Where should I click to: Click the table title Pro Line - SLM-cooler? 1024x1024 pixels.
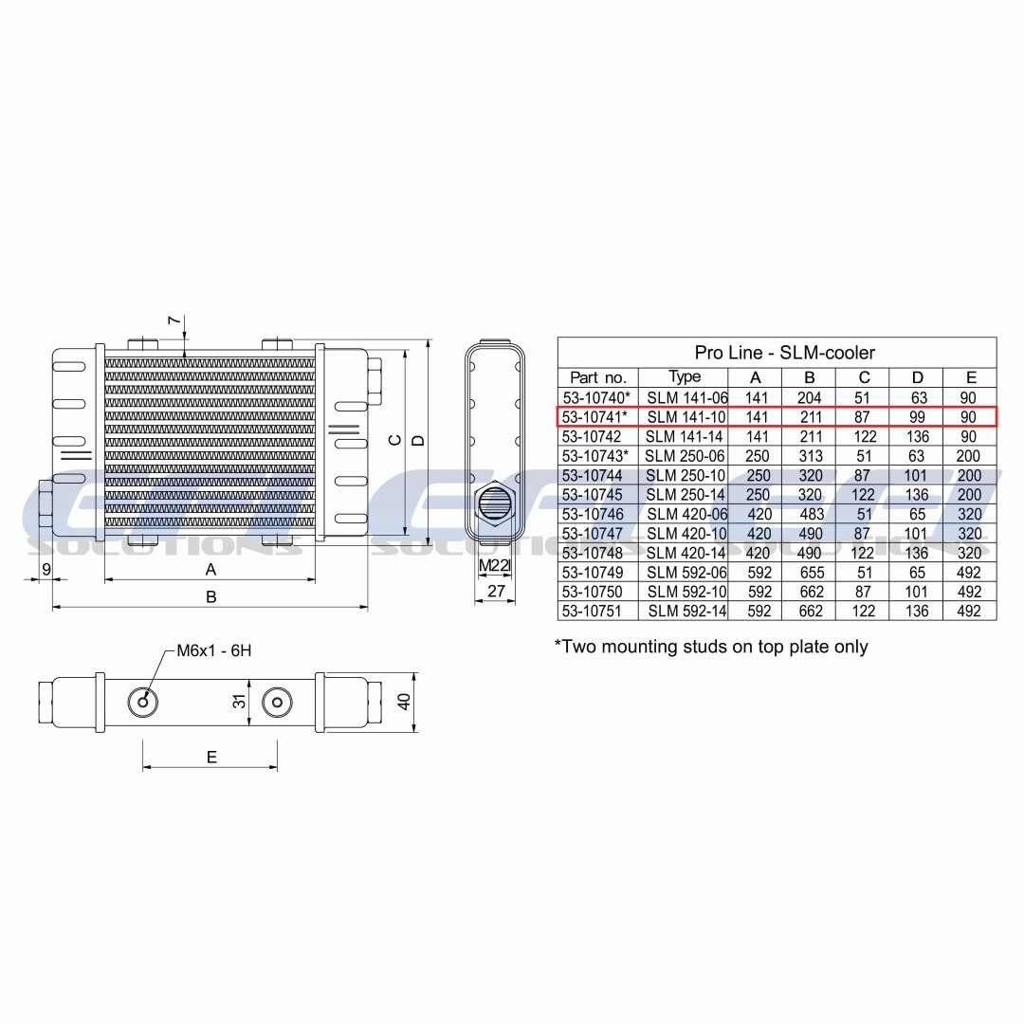click(x=784, y=353)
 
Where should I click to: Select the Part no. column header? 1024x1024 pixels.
click(x=598, y=377)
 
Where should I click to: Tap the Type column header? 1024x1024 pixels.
click(x=685, y=376)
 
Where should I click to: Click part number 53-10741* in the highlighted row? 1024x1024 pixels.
click(x=594, y=416)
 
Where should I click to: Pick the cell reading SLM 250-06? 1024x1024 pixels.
click(x=685, y=456)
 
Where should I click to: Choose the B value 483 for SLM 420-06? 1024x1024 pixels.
click(x=811, y=514)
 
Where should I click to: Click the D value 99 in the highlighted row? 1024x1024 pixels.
click(x=917, y=416)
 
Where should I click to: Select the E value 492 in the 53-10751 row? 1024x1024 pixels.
click(x=969, y=612)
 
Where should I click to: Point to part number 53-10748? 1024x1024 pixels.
click(x=593, y=553)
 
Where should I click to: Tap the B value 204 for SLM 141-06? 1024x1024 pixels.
click(x=809, y=397)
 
